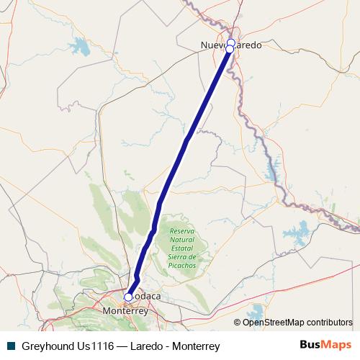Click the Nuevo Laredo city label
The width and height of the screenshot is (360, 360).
pyautogui.click(x=230, y=45)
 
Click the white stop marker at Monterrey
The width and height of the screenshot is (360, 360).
pyautogui.click(x=128, y=297)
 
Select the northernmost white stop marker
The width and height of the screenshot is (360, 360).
pyautogui.click(x=230, y=43)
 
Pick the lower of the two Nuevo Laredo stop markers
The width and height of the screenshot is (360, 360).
pyautogui.click(x=230, y=50)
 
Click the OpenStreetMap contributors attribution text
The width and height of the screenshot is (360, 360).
pyautogui.click(x=297, y=322)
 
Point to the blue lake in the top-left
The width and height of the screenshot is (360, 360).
pyautogui.click(x=80, y=49)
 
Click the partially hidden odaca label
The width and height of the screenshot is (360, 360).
pyautogui.click(x=145, y=297)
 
